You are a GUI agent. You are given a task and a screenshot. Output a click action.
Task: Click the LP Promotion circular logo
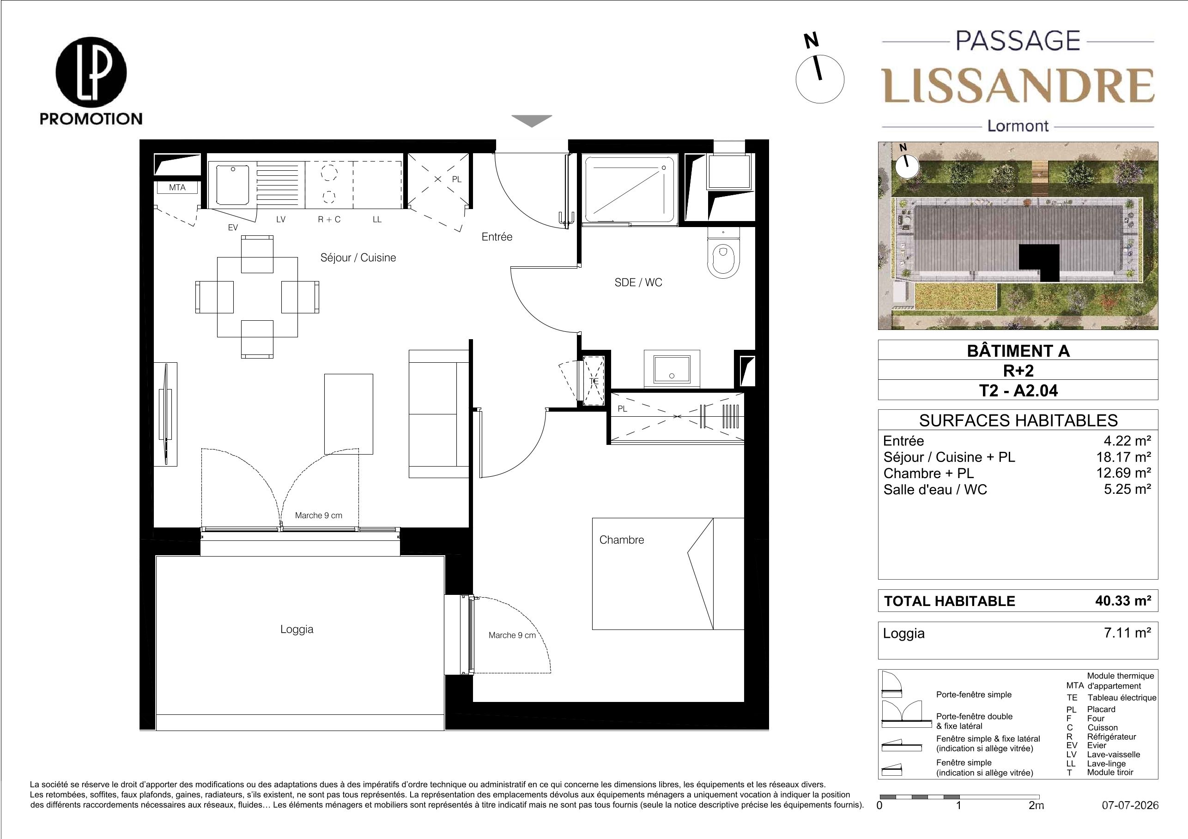coord(91,72)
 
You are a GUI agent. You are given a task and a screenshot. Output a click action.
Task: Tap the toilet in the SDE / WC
coord(723,254)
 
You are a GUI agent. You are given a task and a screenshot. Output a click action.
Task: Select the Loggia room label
coord(297,629)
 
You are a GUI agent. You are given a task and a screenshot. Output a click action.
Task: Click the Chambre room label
coord(621,539)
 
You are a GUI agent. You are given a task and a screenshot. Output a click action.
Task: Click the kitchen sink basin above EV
coord(233,184)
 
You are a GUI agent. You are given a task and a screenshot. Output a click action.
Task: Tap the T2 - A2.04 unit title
coord(1018,391)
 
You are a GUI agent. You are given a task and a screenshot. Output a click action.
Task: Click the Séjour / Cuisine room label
coord(358,258)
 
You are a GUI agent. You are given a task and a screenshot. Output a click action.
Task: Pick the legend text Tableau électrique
coord(1122,697)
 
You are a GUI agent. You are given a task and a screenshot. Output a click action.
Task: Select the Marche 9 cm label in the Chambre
coord(512,635)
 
